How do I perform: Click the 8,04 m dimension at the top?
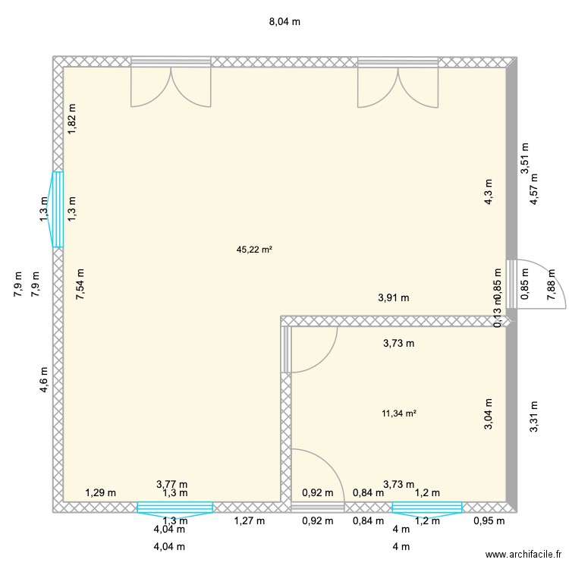[284, 22]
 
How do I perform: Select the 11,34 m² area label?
[400, 413]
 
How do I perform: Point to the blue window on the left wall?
[57, 209]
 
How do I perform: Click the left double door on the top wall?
[171, 83]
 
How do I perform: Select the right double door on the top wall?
[398, 83]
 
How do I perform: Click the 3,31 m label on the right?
[534, 417]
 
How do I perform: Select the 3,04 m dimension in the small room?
[489, 415]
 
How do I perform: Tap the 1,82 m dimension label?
[72, 120]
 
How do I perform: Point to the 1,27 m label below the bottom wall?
[249, 520]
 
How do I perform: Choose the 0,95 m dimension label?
[489, 520]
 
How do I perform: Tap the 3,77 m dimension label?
[171, 484]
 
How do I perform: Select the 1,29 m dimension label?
[100, 493]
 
